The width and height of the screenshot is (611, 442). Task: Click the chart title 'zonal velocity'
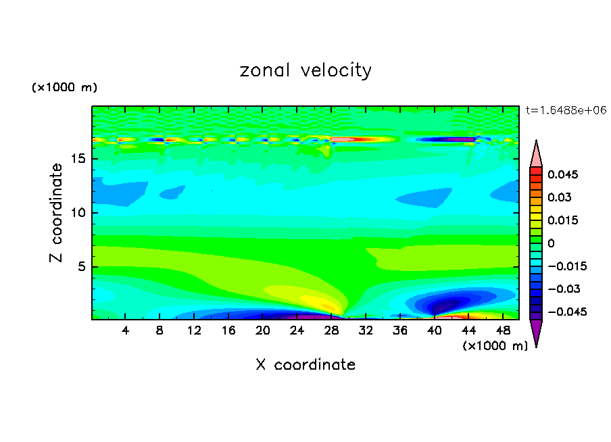coord(305,70)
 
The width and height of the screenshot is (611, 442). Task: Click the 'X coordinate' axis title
coord(305,365)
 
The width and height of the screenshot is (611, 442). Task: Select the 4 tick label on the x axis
coord(126,330)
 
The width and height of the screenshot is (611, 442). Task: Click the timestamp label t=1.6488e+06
coord(566,109)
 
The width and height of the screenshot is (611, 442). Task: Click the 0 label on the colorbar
coord(551,243)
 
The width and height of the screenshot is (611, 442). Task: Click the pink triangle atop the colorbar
coord(536,154)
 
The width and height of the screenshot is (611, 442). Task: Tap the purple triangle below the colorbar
coord(536,332)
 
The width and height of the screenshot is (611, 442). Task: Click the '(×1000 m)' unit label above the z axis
coord(64,88)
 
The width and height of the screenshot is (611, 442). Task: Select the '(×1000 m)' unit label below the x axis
coord(495,346)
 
